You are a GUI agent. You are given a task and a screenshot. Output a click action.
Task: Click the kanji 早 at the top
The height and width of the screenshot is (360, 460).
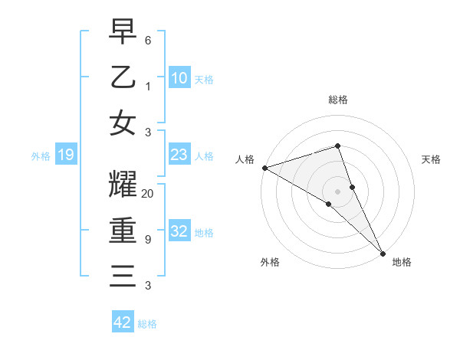(123, 32)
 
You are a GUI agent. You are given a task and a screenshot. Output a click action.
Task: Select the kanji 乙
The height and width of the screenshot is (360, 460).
(123, 77)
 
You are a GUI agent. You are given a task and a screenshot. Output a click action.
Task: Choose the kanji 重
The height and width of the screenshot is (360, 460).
(123, 231)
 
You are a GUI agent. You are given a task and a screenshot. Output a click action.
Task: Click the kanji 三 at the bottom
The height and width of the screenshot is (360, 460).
(123, 276)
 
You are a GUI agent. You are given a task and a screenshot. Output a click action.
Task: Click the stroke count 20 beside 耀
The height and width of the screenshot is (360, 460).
(148, 194)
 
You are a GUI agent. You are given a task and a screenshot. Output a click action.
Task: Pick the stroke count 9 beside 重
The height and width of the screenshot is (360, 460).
(147, 240)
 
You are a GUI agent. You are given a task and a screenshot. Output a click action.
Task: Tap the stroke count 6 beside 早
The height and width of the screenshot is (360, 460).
(147, 40)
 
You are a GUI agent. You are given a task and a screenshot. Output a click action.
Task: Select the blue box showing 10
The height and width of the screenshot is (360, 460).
(179, 77)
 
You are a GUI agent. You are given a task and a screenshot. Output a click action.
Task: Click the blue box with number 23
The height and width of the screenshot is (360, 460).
(179, 155)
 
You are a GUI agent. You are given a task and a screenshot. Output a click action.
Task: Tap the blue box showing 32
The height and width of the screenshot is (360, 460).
(179, 231)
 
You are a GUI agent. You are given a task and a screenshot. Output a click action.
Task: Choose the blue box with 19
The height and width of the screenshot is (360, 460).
(66, 155)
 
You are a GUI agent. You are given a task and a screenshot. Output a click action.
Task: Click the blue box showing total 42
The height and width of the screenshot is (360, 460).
(123, 322)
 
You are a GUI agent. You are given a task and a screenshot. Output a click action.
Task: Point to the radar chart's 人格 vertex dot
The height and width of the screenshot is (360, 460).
(264, 168)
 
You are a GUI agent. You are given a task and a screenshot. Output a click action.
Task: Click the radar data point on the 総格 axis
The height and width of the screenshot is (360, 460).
(337, 146)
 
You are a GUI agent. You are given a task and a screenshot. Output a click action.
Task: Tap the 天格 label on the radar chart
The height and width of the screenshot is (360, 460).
(431, 159)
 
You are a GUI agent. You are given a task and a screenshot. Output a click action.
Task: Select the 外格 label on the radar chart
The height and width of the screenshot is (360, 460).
(270, 262)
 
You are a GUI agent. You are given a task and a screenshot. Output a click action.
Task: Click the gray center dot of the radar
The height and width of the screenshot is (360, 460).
(337, 191)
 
